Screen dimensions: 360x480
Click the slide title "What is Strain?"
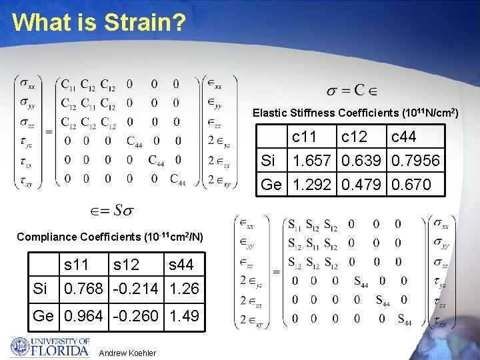coord(99,22)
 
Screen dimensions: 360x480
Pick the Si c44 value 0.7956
coord(415,161)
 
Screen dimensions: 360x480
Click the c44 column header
coord(403,137)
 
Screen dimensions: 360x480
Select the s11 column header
coord(77,265)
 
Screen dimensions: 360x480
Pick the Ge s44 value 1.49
coord(184,315)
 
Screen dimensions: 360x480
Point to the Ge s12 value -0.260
coord(135,315)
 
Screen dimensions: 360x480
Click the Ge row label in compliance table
coord(43,315)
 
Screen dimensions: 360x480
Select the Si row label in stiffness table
coord(268,161)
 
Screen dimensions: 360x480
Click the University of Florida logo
coord(49,347)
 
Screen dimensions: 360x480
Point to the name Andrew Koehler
coord(127,353)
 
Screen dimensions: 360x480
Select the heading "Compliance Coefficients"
coord(110,237)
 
